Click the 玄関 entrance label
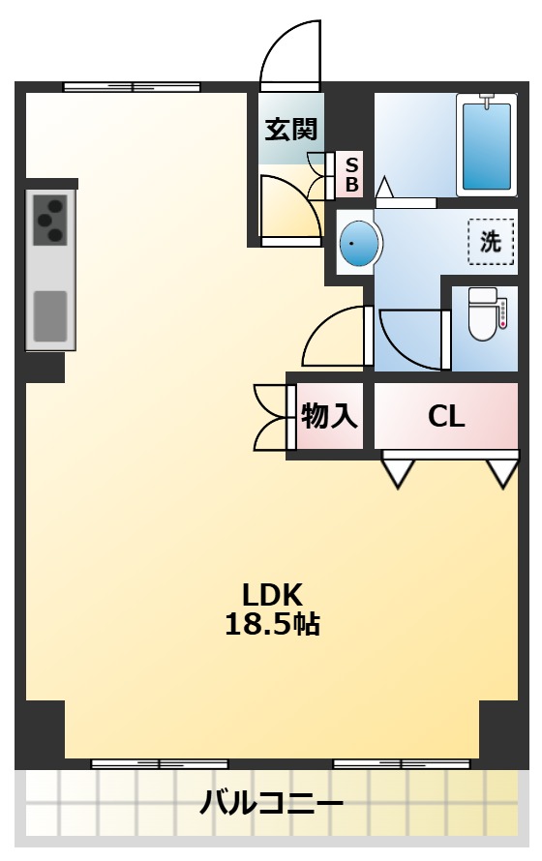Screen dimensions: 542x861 [291, 130]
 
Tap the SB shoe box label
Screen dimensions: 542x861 [352, 174]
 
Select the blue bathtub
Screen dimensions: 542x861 [487, 145]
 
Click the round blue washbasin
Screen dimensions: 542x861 [359, 243]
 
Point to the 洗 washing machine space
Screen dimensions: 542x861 [491, 242]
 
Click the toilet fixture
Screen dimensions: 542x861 [482, 313]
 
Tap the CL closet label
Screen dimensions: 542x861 [446, 417]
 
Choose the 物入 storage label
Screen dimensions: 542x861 [329, 416]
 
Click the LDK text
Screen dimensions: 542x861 [272, 595]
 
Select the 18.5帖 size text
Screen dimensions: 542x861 [272, 624]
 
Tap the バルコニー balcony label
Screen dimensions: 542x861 [271, 805]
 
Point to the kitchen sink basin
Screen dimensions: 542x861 [50, 316]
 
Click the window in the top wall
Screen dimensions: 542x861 [132, 87]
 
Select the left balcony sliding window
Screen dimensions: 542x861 [160, 764]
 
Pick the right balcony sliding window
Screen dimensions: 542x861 [402, 764]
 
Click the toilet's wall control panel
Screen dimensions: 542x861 [502, 314]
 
